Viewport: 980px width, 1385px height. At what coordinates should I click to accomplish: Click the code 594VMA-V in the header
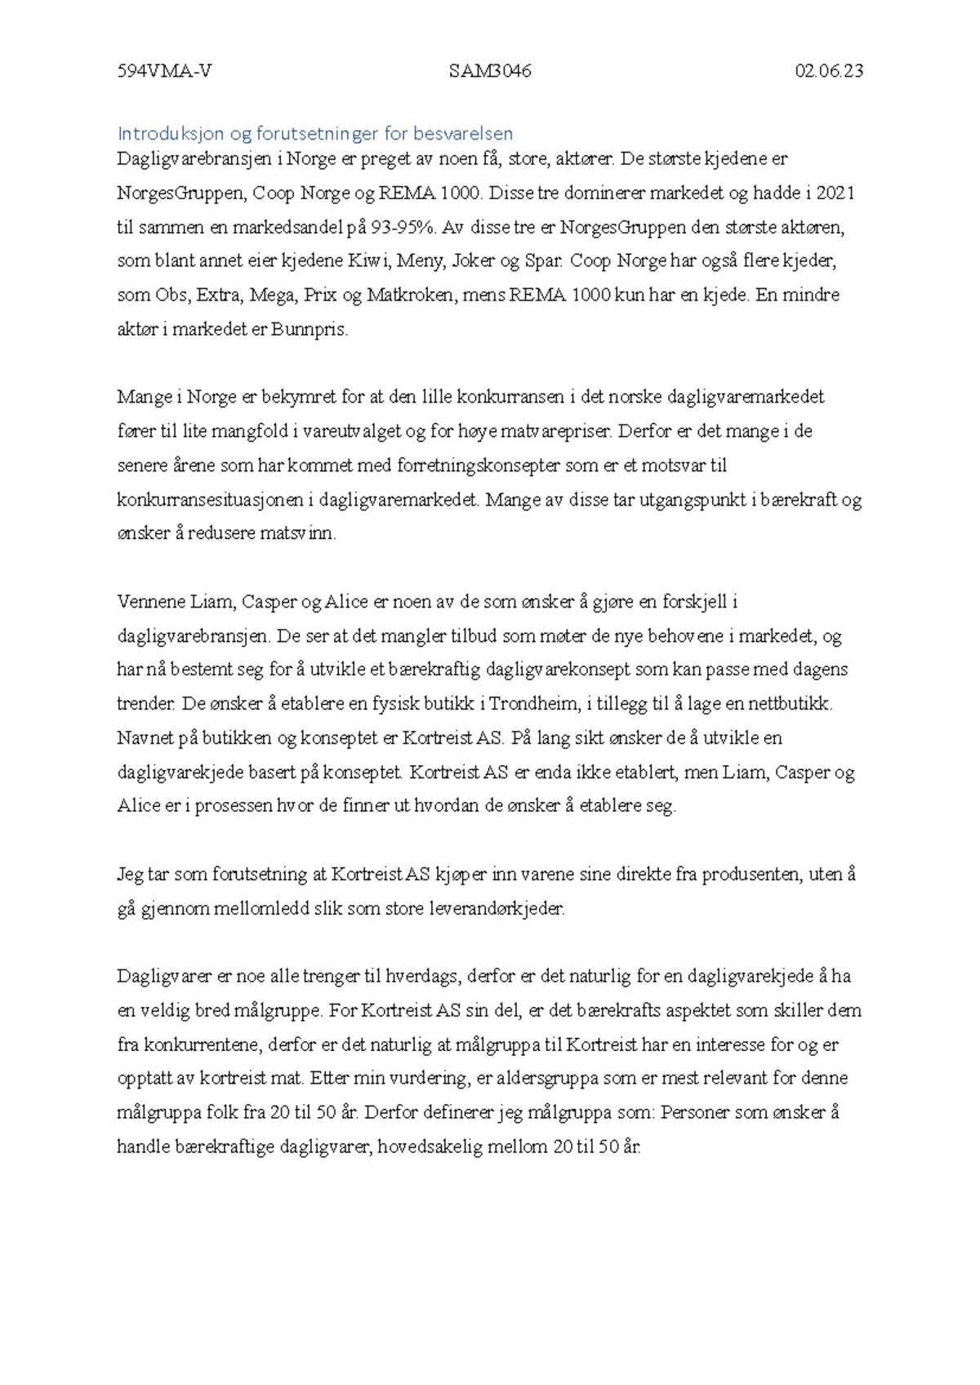coord(164,71)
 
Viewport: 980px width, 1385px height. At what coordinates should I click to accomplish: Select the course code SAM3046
coord(490,71)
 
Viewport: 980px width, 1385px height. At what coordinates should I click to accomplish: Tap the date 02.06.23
coord(829,71)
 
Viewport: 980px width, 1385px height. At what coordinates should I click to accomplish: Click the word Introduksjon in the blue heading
coord(171,133)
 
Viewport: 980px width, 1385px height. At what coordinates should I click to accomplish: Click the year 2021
coord(835,193)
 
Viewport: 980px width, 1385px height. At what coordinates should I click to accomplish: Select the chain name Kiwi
coord(369,261)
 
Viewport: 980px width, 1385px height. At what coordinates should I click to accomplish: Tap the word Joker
coord(474,261)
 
